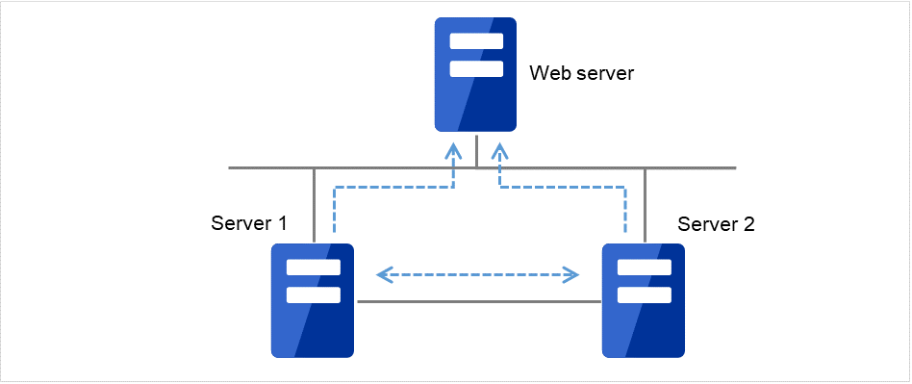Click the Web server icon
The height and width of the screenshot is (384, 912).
[x=475, y=75]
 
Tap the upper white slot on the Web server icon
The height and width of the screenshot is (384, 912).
[x=475, y=41]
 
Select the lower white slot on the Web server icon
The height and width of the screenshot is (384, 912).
[x=475, y=68]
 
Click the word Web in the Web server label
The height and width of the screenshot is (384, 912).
[x=547, y=73]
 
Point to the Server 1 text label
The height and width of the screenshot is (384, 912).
[x=248, y=224]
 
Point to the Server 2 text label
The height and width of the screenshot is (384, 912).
[x=716, y=224]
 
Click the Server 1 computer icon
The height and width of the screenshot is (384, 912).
[x=312, y=300]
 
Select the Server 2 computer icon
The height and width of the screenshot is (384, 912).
[x=643, y=300]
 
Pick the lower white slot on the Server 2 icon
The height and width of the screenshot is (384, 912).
[x=643, y=294]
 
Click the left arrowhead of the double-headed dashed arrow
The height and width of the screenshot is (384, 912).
[x=383, y=276]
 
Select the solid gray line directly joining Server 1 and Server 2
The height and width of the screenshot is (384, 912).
[x=477, y=302]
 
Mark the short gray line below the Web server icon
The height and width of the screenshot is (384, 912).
[x=476, y=150]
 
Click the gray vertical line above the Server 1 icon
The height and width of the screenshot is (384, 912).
[x=315, y=204]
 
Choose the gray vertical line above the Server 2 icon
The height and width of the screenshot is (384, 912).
[x=645, y=204]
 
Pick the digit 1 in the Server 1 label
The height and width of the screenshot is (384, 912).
[x=282, y=224]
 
